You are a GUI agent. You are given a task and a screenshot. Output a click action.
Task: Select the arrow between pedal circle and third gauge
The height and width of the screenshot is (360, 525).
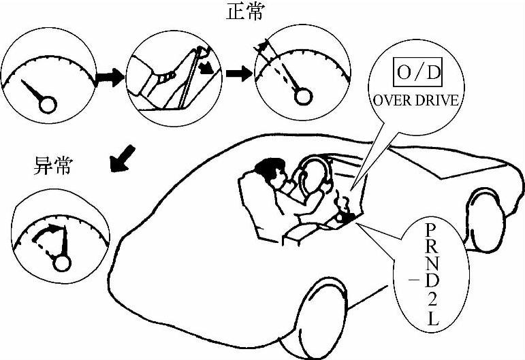pyautogui.click(x=238, y=73)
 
